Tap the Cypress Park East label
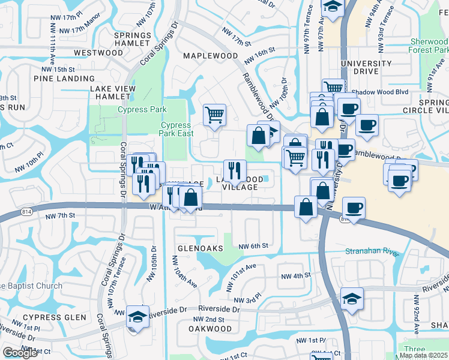tap(177, 129)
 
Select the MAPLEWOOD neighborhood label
tap(211, 56)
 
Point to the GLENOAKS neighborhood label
tap(200, 247)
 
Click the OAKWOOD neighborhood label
tap(210, 329)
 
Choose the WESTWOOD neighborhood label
tap(98, 53)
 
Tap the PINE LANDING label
tap(65, 79)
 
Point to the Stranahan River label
tap(372, 251)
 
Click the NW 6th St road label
tap(252, 246)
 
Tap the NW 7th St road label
tap(60, 215)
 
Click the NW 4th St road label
tap(295, 276)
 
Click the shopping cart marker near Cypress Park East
tap(214, 114)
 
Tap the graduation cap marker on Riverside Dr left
tap(138, 316)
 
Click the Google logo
tap(20, 353)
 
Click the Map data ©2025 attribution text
tap(424, 355)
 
